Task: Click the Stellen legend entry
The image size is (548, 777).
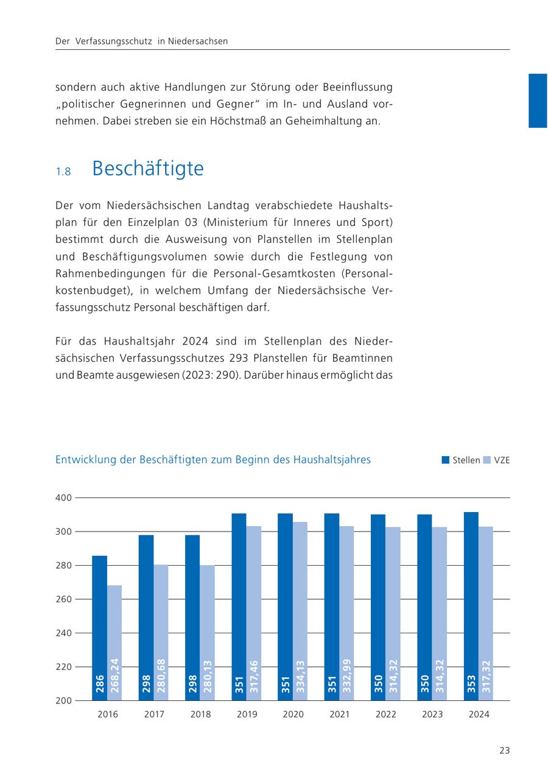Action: (461, 460)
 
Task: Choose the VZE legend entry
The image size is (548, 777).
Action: (497, 460)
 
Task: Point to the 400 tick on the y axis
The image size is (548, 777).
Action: (65, 498)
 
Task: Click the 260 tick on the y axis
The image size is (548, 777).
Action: (65, 599)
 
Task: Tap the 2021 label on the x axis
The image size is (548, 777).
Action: (340, 714)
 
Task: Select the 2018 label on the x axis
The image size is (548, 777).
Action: (200, 714)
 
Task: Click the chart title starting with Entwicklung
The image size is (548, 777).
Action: (213, 460)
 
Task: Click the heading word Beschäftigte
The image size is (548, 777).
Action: (147, 169)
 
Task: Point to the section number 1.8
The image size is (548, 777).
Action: (63, 172)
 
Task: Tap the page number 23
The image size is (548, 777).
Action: (504, 751)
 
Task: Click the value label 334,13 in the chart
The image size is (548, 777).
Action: (300, 678)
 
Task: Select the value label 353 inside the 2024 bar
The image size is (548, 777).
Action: (471, 684)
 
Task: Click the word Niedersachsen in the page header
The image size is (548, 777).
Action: (198, 41)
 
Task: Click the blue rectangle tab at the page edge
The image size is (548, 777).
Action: (538, 100)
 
